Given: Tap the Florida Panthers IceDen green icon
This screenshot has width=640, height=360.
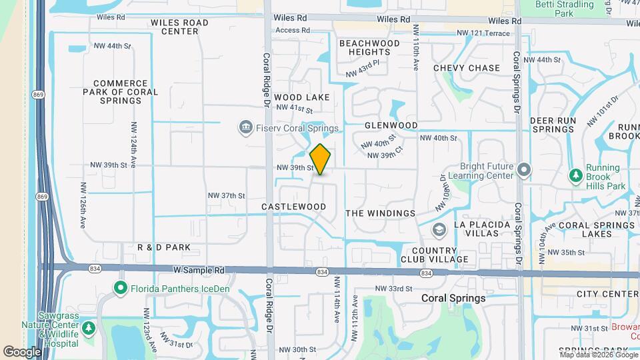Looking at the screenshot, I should [x=121, y=289].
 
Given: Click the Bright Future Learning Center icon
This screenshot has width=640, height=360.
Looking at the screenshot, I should [x=525, y=169].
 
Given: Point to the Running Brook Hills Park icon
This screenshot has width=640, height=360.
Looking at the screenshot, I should [x=575, y=175].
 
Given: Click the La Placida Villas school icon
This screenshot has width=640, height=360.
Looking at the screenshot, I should [x=439, y=230].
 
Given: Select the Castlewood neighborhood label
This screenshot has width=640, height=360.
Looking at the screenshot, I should [x=294, y=207].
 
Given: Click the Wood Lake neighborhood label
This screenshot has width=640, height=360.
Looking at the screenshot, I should [x=301, y=97].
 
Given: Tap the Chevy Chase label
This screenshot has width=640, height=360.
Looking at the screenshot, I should [x=466, y=68].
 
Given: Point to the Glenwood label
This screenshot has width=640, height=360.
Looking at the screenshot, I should [x=391, y=125].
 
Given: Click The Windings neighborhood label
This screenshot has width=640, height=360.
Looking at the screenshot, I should [x=381, y=213].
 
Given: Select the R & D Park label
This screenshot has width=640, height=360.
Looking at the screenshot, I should [x=164, y=247].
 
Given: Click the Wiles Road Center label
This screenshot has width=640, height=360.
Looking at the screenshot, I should [x=179, y=27].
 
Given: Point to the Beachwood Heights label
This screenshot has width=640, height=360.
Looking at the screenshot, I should [x=369, y=47].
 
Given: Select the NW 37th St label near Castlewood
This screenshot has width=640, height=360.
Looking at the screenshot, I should [x=227, y=195].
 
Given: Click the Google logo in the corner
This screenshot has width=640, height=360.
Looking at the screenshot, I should [x=22, y=351].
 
